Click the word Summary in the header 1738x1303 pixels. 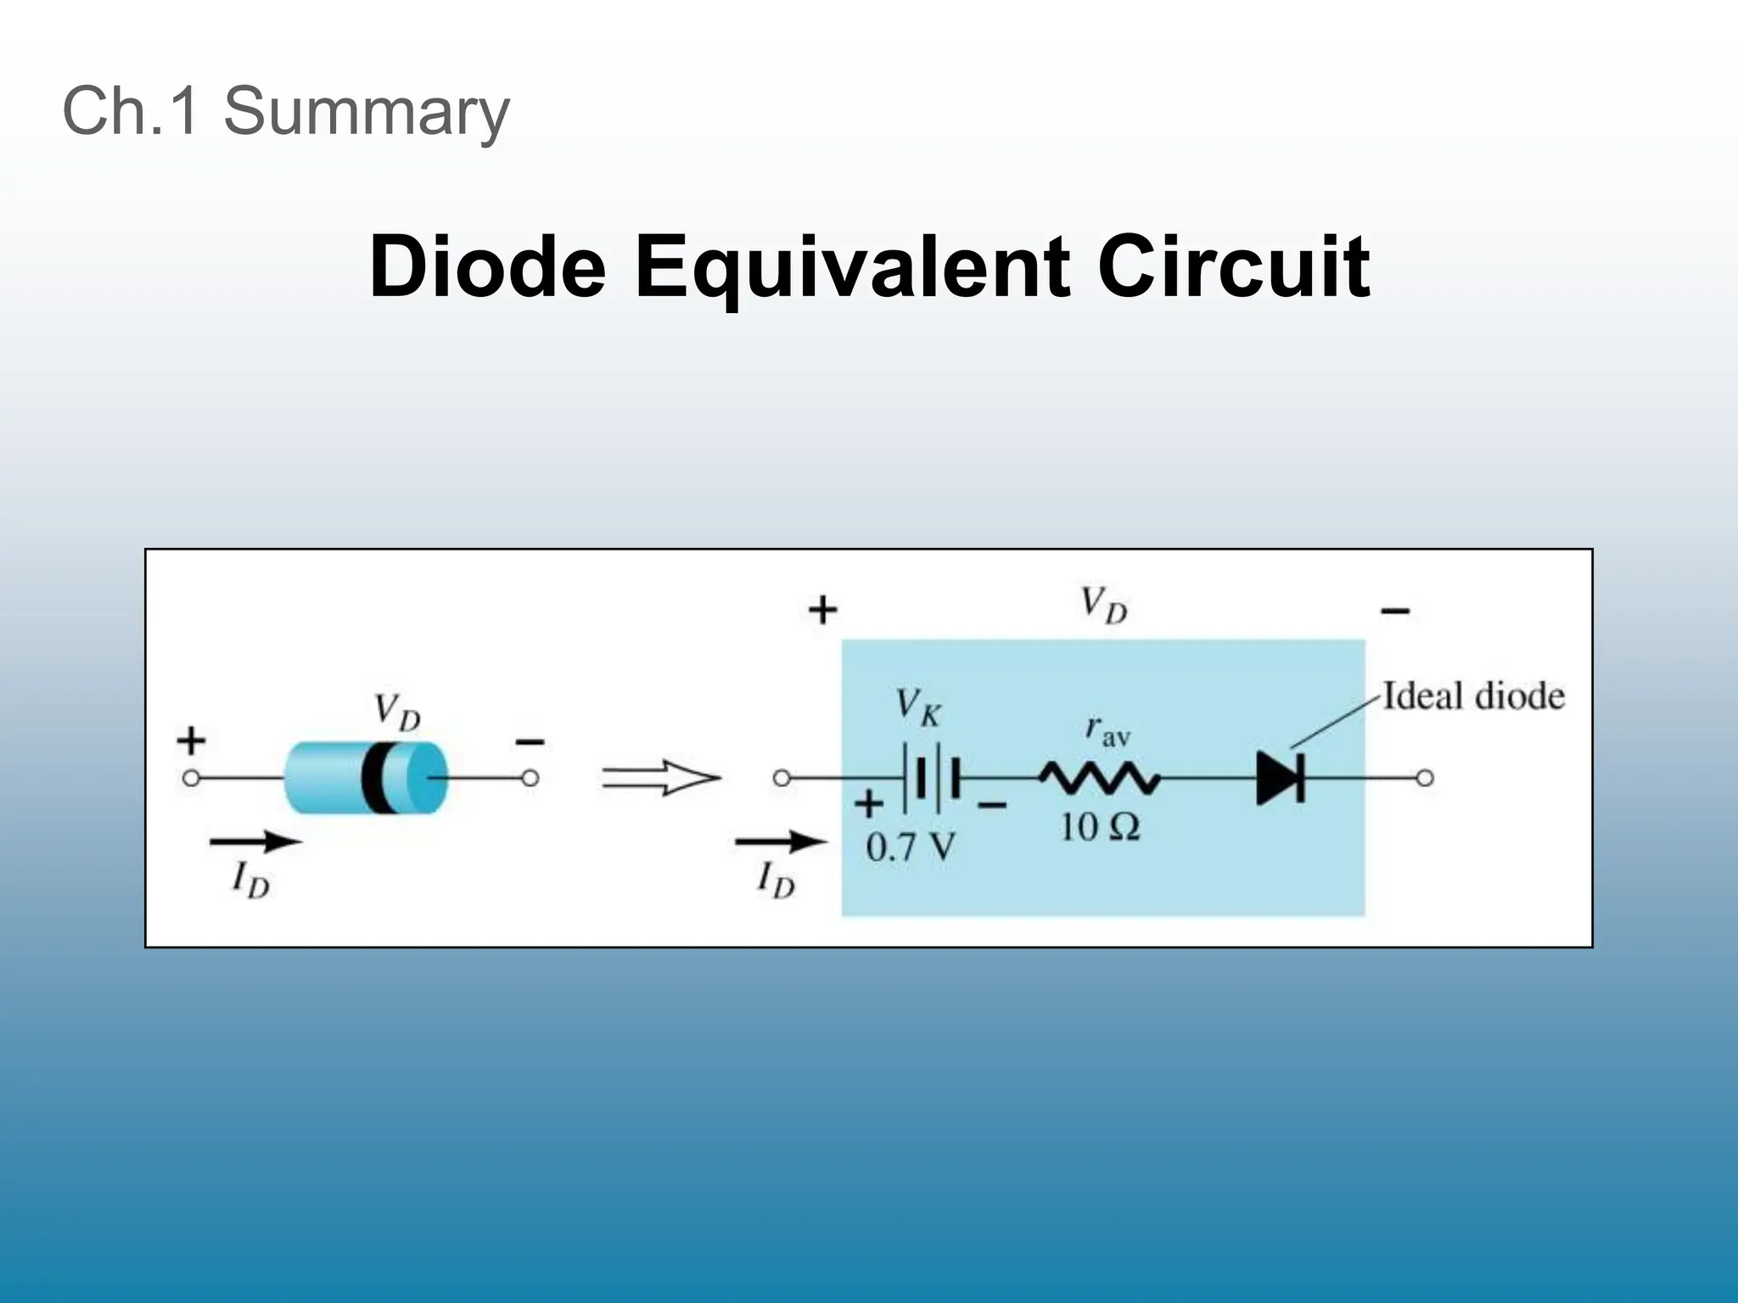pyautogui.click(x=366, y=111)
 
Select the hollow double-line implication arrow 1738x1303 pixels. pyautogui.click(x=661, y=778)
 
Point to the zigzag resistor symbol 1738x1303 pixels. pyautogui.click(x=1101, y=778)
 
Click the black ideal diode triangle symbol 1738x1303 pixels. pyautogui.click(x=1279, y=778)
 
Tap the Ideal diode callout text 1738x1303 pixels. pyautogui.click(x=1473, y=696)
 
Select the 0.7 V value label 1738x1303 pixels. pyautogui.click(x=910, y=847)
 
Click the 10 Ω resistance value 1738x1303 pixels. pyautogui.click(x=1100, y=827)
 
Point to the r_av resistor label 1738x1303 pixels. pyautogui.click(x=1107, y=731)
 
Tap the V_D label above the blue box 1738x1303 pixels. pyautogui.click(x=1103, y=606)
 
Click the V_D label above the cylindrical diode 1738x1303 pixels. pyautogui.click(x=397, y=711)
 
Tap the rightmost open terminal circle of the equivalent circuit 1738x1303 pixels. pyautogui.click(x=1425, y=778)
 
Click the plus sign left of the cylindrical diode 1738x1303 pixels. pyautogui.click(x=191, y=741)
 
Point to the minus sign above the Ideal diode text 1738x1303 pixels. pyautogui.click(x=1395, y=611)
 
